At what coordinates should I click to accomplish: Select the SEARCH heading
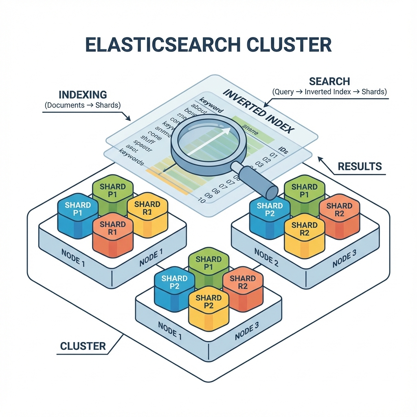329,81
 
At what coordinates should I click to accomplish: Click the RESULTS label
360,166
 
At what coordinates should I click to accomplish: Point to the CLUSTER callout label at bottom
83,346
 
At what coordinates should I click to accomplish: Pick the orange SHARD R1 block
113,234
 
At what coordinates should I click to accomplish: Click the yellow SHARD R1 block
147,214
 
